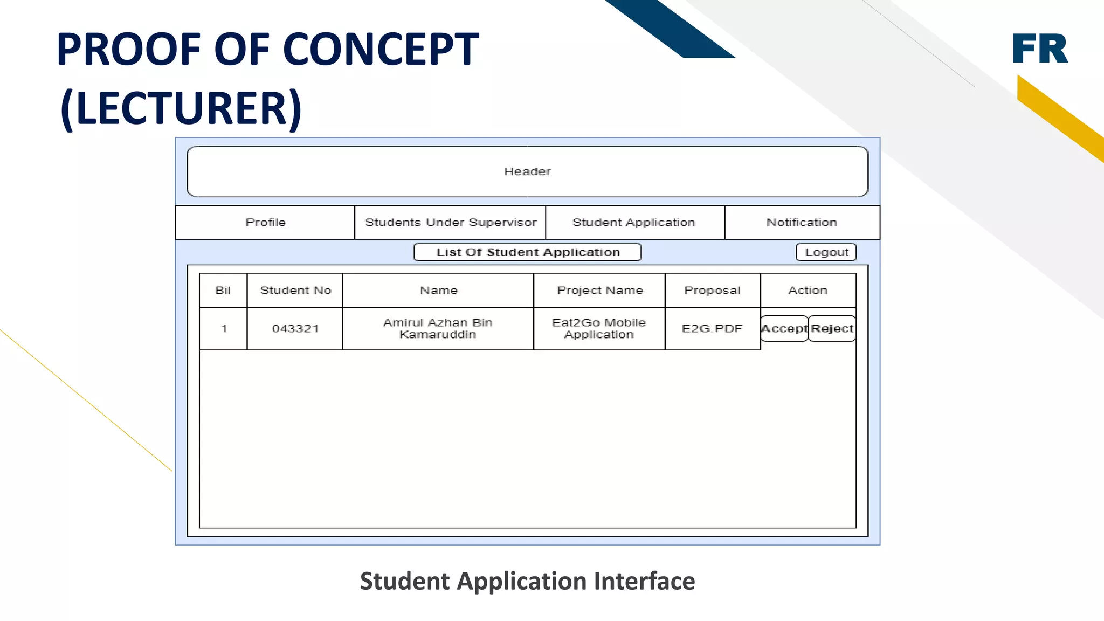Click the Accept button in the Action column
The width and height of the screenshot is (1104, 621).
click(784, 328)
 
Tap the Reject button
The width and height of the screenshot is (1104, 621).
click(832, 328)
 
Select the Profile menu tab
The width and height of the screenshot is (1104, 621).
click(265, 222)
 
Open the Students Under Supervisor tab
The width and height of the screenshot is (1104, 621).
click(451, 222)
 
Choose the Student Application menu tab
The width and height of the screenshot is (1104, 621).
click(634, 222)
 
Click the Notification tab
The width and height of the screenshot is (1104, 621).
click(802, 222)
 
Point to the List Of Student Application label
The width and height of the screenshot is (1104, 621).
click(528, 252)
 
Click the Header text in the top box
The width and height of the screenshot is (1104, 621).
click(527, 171)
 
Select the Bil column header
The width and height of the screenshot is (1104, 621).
click(223, 290)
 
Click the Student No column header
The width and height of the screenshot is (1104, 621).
click(295, 290)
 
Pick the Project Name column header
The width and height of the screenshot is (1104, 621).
click(600, 290)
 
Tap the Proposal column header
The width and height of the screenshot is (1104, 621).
click(712, 290)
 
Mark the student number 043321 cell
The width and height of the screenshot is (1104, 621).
click(295, 328)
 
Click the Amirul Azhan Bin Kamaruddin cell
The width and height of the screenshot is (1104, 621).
click(438, 328)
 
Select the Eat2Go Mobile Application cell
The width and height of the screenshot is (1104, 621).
click(599, 328)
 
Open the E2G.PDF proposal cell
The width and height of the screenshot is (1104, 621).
click(712, 328)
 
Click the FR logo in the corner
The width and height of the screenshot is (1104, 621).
click(1040, 49)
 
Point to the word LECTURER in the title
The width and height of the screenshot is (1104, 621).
click(181, 108)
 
